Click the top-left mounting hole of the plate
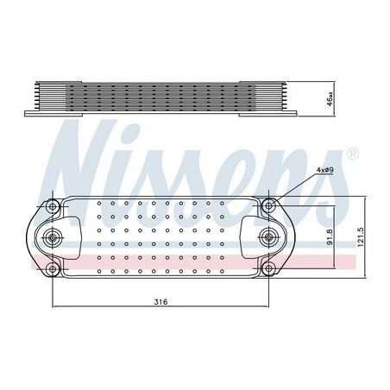pos(53,206)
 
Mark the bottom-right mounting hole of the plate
pos(271,273)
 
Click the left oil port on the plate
pos(58,240)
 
